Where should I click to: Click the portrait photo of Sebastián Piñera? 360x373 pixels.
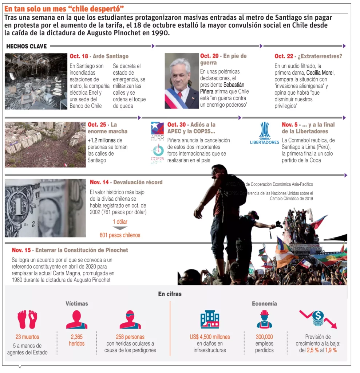(182, 81)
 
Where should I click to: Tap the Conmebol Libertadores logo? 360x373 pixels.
(264, 133)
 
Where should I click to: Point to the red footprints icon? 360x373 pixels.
(27, 319)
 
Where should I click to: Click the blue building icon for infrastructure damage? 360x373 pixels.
(210, 319)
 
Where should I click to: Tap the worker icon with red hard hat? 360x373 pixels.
(264, 319)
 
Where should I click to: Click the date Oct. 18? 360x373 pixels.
(79, 56)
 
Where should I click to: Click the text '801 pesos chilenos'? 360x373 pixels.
(120, 235)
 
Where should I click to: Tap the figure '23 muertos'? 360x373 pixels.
(27, 337)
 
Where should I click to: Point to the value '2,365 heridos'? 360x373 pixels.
(77, 340)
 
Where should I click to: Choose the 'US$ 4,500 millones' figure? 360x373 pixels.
(210, 337)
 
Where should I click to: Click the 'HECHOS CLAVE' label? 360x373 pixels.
(27, 46)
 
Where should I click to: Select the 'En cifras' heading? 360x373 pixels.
(170, 294)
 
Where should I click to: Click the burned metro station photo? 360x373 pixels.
(36, 81)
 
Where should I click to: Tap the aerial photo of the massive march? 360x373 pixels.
(45, 144)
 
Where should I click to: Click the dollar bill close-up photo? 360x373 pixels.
(45, 208)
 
